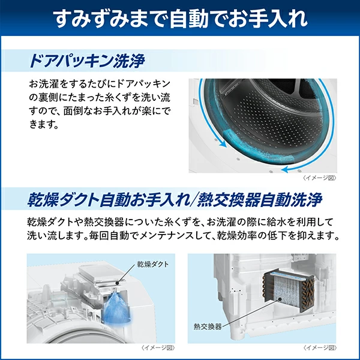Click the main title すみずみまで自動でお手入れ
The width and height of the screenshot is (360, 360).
(x=180, y=19)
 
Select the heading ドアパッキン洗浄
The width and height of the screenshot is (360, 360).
(x=87, y=61)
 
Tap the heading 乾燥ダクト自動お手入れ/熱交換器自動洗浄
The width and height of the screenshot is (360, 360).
(x=175, y=200)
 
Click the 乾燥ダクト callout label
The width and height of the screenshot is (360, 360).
(x=153, y=264)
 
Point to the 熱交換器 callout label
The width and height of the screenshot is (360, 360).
(x=208, y=326)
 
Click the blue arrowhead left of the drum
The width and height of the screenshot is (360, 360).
(x=223, y=144)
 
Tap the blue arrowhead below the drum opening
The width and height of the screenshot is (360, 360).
(x=285, y=170)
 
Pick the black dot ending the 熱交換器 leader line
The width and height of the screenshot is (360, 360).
(x=280, y=299)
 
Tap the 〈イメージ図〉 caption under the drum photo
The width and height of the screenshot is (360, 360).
(x=320, y=178)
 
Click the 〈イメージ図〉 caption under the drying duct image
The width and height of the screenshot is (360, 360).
(x=158, y=348)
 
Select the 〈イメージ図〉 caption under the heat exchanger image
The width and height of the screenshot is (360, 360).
(x=320, y=348)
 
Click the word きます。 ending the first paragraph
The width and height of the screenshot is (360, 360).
(x=44, y=125)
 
